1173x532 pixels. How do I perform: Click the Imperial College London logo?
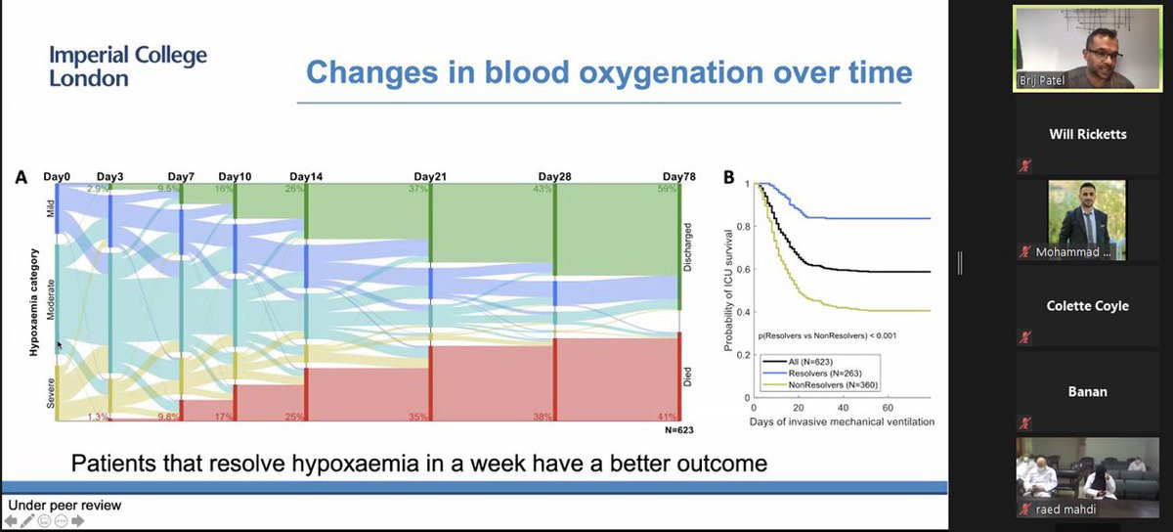tap(128, 66)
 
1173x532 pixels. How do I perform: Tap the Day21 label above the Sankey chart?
tap(430, 176)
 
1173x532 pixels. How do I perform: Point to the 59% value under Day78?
tap(668, 189)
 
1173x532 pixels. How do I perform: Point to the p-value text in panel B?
tap(827, 334)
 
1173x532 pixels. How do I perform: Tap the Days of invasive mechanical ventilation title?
tap(842, 421)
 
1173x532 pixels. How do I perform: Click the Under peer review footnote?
tap(65, 506)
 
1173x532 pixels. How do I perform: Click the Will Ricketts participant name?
tap(1088, 134)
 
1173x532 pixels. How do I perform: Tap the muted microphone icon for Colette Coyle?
tap(1025, 336)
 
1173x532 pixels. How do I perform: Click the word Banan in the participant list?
tap(1088, 391)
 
